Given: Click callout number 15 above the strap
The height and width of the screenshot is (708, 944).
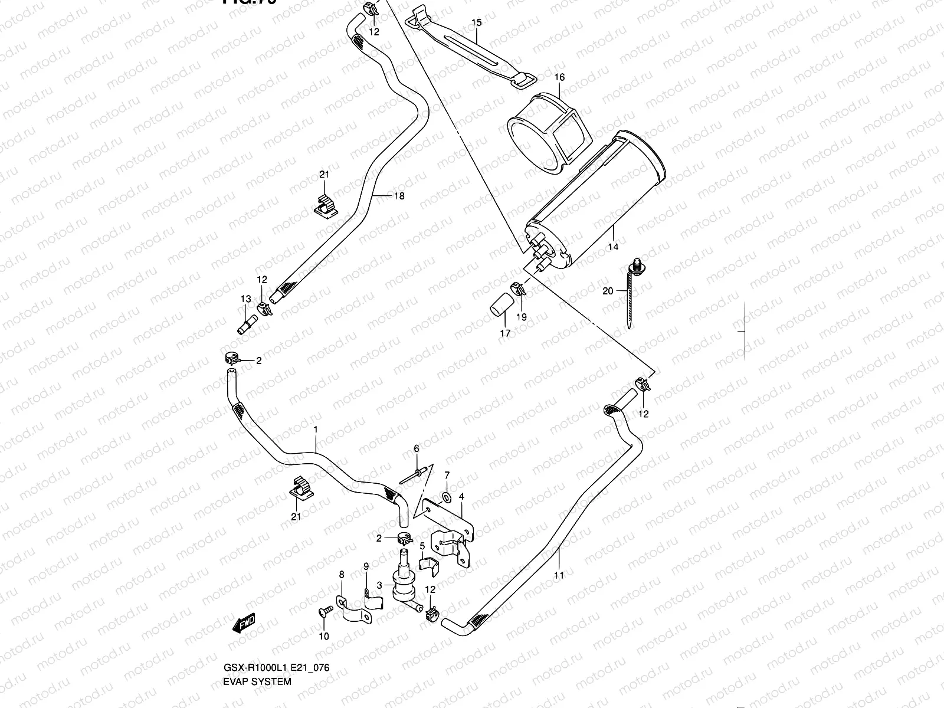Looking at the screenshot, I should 477,22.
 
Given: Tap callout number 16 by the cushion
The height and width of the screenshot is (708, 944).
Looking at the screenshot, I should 559,77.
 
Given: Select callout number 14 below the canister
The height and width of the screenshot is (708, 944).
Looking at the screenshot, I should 613,247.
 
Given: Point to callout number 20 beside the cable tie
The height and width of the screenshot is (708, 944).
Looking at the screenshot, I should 608,291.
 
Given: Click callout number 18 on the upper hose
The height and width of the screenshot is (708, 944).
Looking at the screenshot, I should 399,196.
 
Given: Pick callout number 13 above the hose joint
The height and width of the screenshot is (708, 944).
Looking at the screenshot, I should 246,299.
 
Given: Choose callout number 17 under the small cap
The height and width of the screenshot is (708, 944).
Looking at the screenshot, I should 506,333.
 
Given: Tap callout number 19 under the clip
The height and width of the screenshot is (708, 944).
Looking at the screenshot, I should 522,317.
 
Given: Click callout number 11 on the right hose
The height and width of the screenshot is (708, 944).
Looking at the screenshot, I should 559,575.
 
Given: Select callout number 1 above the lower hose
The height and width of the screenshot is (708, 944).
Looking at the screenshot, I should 316,430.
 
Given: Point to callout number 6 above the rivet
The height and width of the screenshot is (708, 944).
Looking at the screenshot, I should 416,449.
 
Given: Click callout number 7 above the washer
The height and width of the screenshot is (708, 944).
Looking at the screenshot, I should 447,475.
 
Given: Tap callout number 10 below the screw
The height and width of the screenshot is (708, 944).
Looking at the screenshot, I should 324,636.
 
